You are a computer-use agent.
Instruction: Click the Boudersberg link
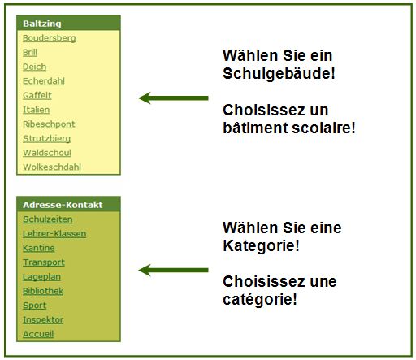point(50,38)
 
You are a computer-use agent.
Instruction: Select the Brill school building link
point(30,52)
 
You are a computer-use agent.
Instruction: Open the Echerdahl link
point(44,81)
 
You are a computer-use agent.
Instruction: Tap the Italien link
point(37,110)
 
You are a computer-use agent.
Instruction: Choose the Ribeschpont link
point(49,124)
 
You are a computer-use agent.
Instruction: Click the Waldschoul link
point(47,153)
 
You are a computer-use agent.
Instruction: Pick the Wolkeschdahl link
point(52,167)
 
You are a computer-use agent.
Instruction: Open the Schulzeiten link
point(48,219)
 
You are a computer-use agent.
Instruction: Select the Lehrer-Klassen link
point(54,234)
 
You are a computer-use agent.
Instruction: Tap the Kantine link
point(39,248)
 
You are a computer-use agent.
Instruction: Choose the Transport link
point(44,262)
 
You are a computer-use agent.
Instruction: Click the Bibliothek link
point(43,291)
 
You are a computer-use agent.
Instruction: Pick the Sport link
point(35,306)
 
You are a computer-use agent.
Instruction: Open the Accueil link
point(38,334)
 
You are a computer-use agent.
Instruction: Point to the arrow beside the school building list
point(173,98)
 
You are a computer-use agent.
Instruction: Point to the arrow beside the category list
point(173,270)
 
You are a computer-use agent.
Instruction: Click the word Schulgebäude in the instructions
point(276,74)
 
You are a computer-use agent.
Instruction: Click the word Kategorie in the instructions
point(258,245)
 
